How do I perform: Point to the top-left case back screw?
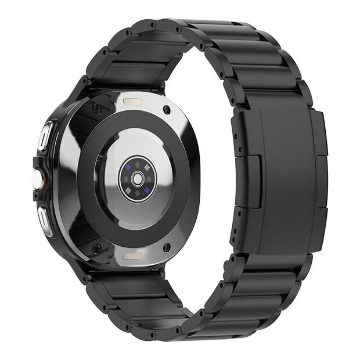pyautogui.click(x=96, y=109)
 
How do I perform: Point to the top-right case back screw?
pyautogui.click(x=167, y=108)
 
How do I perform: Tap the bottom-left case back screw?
pyautogui.click(x=97, y=249)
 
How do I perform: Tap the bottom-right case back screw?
pyautogui.click(x=167, y=248)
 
